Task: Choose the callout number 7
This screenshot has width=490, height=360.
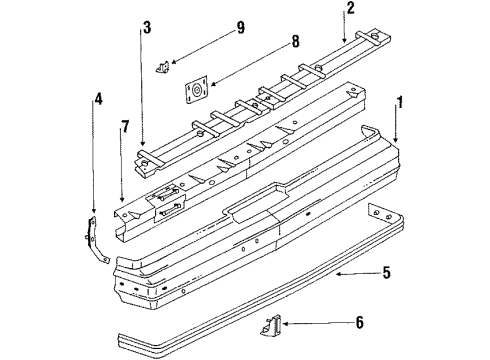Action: (x=124, y=128)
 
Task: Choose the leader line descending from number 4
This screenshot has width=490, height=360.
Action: (x=97, y=160)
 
